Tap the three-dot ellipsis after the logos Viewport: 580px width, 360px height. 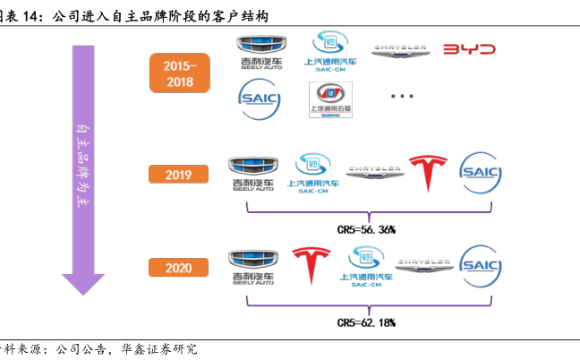pyautogui.click(x=402, y=97)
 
